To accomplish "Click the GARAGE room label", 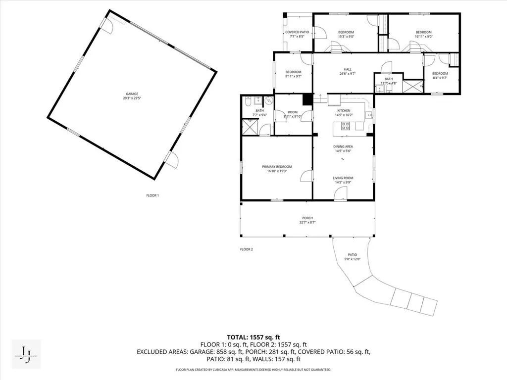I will pyautogui.click(x=131, y=94).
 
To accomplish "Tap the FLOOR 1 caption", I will pyautogui.click(x=152, y=195).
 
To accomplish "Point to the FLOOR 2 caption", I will pyautogui.click(x=247, y=249).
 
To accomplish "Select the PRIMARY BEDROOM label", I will pyautogui.click(x=277, y=167).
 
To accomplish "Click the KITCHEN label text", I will pyautogui.click(x=344, y=111).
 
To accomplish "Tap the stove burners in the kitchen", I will pyautogui.click(x=345, y=126).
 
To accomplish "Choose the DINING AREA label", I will pyautogui.click(x=343, y=146).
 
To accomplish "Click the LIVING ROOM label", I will pyautogui.click(x=343, y=178).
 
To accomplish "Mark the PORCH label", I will pyautogui.click(x=307, y=218).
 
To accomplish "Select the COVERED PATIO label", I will pyautogui.click(x=297, y=32).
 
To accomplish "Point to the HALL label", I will pyautogui.click(x=348, y=69).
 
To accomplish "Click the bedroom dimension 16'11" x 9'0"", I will pyautogui.click(x=423, y=37).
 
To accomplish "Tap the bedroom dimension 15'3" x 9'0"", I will pyautogui.click(x=346, y=37).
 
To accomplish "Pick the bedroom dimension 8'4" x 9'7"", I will pyautogui.click(x=440, y=78).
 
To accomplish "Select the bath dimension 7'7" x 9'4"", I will pyautogui.click(x=259, y=115).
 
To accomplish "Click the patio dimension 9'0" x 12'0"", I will pyautogui.click(x=352, y=259).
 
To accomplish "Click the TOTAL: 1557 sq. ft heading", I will pyautogui.click(x=253, y=336).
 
